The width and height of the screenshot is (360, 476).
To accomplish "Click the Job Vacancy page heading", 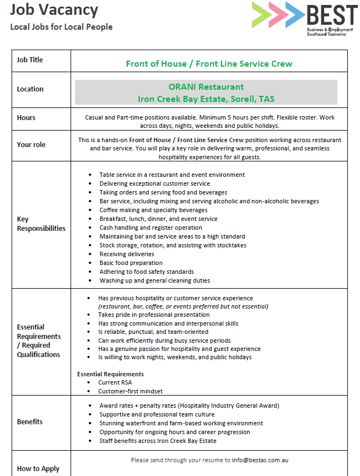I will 53,9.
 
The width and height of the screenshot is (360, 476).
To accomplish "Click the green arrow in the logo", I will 262,15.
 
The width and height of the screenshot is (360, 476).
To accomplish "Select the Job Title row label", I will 30,59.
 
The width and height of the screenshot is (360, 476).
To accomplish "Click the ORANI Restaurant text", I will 206,87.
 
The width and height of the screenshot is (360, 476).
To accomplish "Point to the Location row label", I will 30,89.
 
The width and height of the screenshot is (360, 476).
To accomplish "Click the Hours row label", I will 26,117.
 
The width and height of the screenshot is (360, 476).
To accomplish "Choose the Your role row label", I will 31,144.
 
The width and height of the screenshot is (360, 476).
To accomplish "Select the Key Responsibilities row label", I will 41,224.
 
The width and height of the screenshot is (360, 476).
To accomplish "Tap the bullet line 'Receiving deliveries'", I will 127,254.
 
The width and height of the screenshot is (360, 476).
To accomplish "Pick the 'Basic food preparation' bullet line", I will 131,263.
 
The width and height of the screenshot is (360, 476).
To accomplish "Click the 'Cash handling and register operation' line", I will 151,228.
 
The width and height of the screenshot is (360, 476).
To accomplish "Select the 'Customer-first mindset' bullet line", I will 130,391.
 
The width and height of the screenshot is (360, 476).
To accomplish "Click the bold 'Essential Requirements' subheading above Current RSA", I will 110,374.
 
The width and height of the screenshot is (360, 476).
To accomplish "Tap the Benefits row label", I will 30,421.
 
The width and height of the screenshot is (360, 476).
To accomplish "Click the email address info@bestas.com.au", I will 260,459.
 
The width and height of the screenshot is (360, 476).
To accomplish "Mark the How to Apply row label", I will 38,469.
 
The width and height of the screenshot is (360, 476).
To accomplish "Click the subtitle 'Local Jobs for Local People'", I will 61,26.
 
